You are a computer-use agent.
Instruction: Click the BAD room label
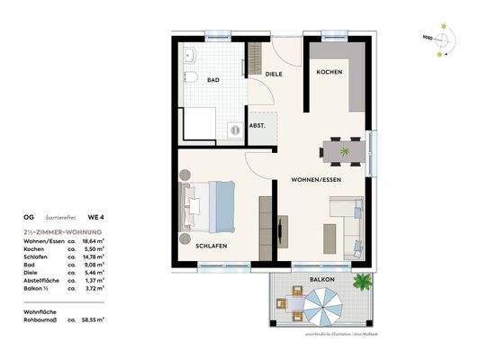(212, 79)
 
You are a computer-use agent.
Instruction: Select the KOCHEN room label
(330, 72)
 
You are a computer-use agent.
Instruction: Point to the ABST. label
(257, 126)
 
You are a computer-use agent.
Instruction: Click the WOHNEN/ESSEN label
(316, 180)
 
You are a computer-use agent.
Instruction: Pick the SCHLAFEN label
(211, 244)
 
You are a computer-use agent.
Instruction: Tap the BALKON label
(323, 280)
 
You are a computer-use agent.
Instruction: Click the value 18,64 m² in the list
(91, 241)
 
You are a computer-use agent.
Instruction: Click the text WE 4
(93, 217)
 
